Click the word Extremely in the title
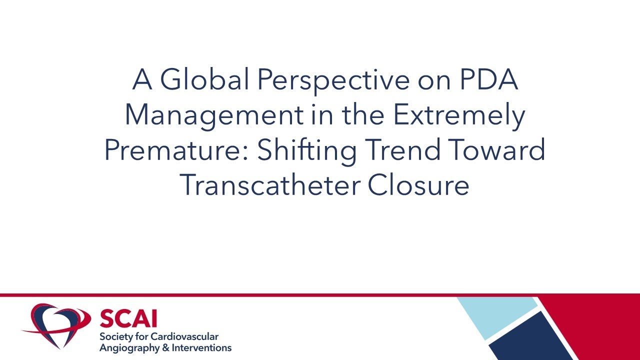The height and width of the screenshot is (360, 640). (x=459, y=115)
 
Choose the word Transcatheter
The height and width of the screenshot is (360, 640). (x=269, y=185)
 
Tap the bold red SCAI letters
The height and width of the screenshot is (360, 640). (x=128, y=318)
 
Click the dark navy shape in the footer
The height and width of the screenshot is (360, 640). (x=532, y=337)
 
